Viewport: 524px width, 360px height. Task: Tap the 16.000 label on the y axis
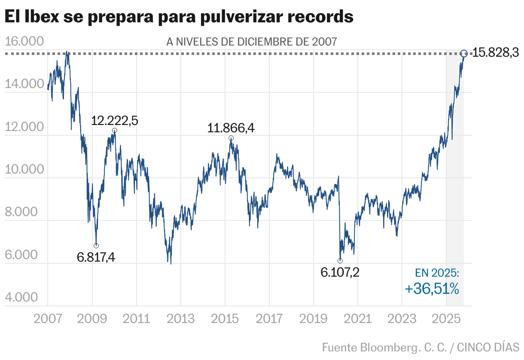24,42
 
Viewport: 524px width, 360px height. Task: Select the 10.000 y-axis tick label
24,170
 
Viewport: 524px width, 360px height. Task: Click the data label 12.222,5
114,121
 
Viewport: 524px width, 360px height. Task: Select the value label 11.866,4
231,128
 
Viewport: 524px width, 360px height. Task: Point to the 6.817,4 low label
96,257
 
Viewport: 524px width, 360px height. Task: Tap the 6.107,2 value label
340,272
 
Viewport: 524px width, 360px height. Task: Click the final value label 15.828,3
496,53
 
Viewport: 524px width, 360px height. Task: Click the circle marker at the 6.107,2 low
340,261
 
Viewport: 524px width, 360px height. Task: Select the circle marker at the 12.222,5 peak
114,131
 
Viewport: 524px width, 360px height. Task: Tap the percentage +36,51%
432,289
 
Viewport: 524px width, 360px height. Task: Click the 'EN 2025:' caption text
437,273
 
